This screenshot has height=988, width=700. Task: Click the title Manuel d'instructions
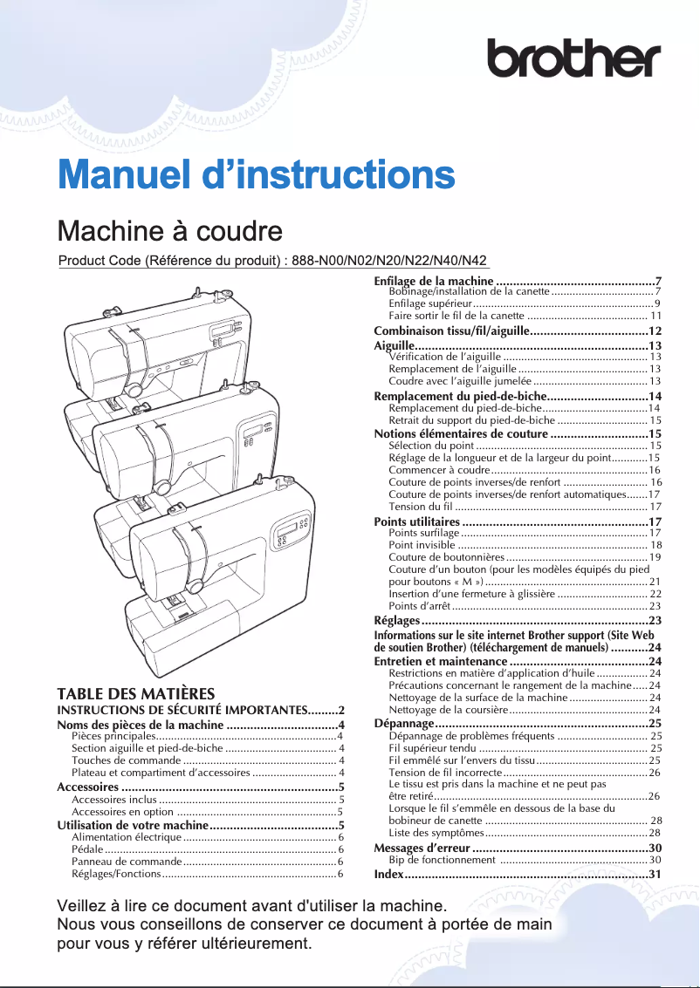click(x=256, y=174)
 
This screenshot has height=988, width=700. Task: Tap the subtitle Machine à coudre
click(x=169, y=231)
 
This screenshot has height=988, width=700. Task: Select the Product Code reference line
click(x=272, y=261)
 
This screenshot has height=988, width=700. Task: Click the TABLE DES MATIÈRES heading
click(x=135, y=694)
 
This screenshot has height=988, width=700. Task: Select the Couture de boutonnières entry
click(x=524, y=556)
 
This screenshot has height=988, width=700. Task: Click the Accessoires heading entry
click(x=200, y=787)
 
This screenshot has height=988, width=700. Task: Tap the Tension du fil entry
click(x=524, y=507)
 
